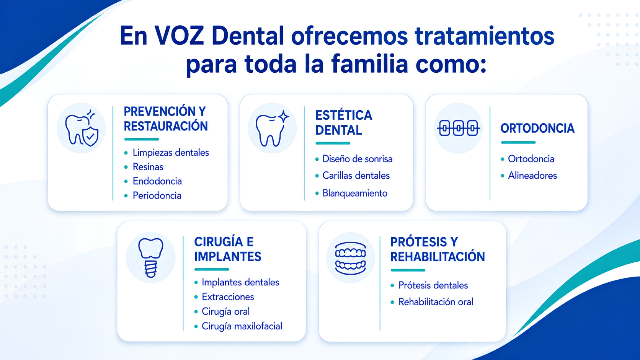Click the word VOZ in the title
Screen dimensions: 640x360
coord(179,36)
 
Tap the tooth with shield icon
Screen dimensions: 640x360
coord(82,128)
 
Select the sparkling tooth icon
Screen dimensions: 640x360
coord(272,128)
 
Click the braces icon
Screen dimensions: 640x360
coord(458,128)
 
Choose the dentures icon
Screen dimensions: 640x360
coord(350,258)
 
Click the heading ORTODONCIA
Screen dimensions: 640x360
coord(537,129)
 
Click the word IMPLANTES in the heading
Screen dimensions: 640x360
coord(228,257)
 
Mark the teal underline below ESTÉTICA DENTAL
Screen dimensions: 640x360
coord(333,143)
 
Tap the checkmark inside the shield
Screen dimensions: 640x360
coord(91,136)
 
